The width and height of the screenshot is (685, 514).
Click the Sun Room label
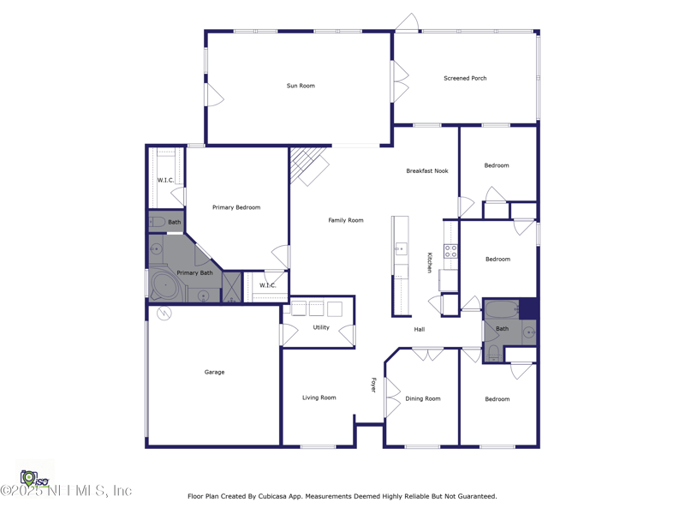coord(301,86)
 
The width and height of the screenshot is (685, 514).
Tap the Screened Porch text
coord(465,78)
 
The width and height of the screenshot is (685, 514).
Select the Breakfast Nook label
coord(426,170)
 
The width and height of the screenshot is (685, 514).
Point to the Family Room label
coord(346,220)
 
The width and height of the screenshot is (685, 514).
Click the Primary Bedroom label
coord(236,207)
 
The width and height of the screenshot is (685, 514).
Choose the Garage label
coord(214,372)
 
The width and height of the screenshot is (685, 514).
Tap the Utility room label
coord(321,327)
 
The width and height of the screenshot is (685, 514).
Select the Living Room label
coord(319,397)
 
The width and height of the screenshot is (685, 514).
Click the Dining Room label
coord(423,398)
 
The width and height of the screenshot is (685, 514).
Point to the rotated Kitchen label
coord(430,262)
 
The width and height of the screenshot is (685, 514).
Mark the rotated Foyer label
coord(373,385)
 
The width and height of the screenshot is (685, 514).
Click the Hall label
coord(420,329)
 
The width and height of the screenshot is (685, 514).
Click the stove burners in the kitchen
coord(450,251)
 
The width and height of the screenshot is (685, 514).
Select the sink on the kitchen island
coord(400,249)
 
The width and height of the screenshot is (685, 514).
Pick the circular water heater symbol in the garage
coord(164,314)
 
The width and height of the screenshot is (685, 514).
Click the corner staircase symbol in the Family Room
coord(307,165)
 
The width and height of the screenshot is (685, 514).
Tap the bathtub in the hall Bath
coord(501,310)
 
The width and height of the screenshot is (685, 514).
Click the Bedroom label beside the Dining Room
coord(497,399)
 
